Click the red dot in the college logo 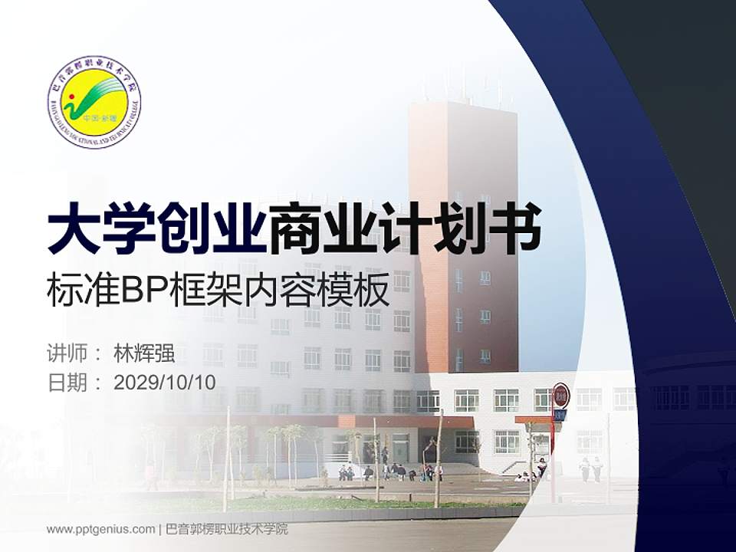point(71,97)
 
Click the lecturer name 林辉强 point(144,353)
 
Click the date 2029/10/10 point(165,383)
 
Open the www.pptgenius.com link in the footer point(100,529)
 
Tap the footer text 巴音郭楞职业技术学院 point(227,529)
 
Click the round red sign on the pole point(561,395)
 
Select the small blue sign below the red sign point(560,415)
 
